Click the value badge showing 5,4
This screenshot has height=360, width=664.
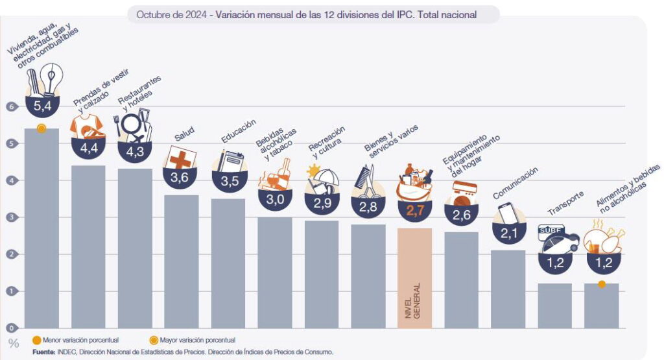[x=41, y=103]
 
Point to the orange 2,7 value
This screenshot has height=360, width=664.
[x=414, y=209]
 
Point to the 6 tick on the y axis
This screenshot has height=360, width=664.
[x=10, y=106]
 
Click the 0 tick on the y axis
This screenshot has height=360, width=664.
[x=10, y=328]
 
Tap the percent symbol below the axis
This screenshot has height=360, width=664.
[x=14, y=343]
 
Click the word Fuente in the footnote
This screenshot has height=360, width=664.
[x=43, y=352]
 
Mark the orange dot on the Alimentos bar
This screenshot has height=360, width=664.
[x=602, y=283]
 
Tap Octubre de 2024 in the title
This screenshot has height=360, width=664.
[x=171, y=14]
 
